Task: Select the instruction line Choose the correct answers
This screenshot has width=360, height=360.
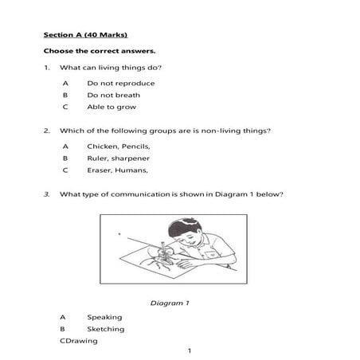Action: (100, 51)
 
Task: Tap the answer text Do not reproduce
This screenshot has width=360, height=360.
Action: (121, 83)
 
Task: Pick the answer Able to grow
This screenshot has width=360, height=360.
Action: (112, 107)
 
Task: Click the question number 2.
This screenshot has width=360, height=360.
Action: (47, 131)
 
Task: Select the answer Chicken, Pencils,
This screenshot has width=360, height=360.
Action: (119, 146)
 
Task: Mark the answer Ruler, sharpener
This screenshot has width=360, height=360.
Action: (119, 158)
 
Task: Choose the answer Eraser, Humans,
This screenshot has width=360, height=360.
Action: (118, 170)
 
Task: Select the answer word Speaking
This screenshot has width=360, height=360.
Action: (104, 317)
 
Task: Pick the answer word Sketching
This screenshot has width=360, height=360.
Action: (106, 329)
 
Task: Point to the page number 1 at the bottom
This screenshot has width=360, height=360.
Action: (189, 351)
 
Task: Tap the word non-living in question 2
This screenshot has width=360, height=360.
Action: (230, 131)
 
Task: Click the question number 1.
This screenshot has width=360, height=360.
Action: (47, 68)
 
